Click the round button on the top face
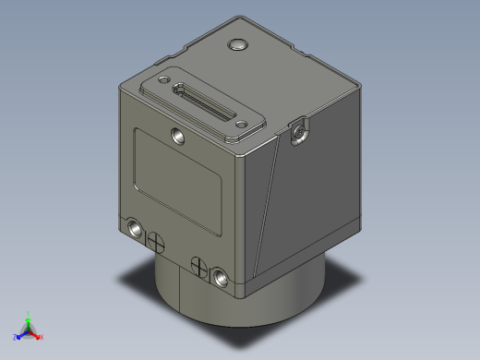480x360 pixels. [x=238, y=43]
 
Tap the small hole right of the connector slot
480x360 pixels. [x=237, y=123]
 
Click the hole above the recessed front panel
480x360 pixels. [x=177, y=135]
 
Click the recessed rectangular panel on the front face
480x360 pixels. [x=179, y=181]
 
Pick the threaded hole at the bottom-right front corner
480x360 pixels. [x=220, y=275]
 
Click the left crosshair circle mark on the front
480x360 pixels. [x=157, y=240]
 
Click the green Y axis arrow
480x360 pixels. [x=29, y=320]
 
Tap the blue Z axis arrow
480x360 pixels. [x=20, y=335]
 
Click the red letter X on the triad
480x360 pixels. [x=42, y=337]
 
